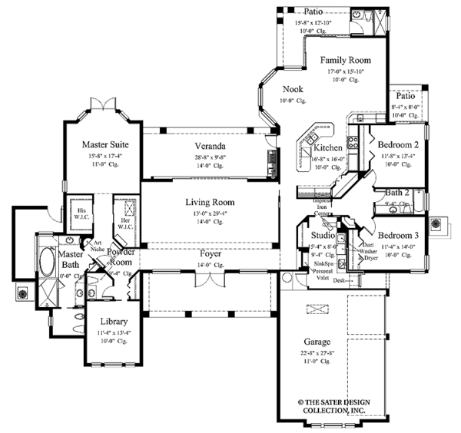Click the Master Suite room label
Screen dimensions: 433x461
click(x=105, y=144)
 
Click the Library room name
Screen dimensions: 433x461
click(x=113, y=322)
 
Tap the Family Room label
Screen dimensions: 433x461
click(x=345, y=60)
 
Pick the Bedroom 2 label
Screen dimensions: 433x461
click(x=399, y=144)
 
